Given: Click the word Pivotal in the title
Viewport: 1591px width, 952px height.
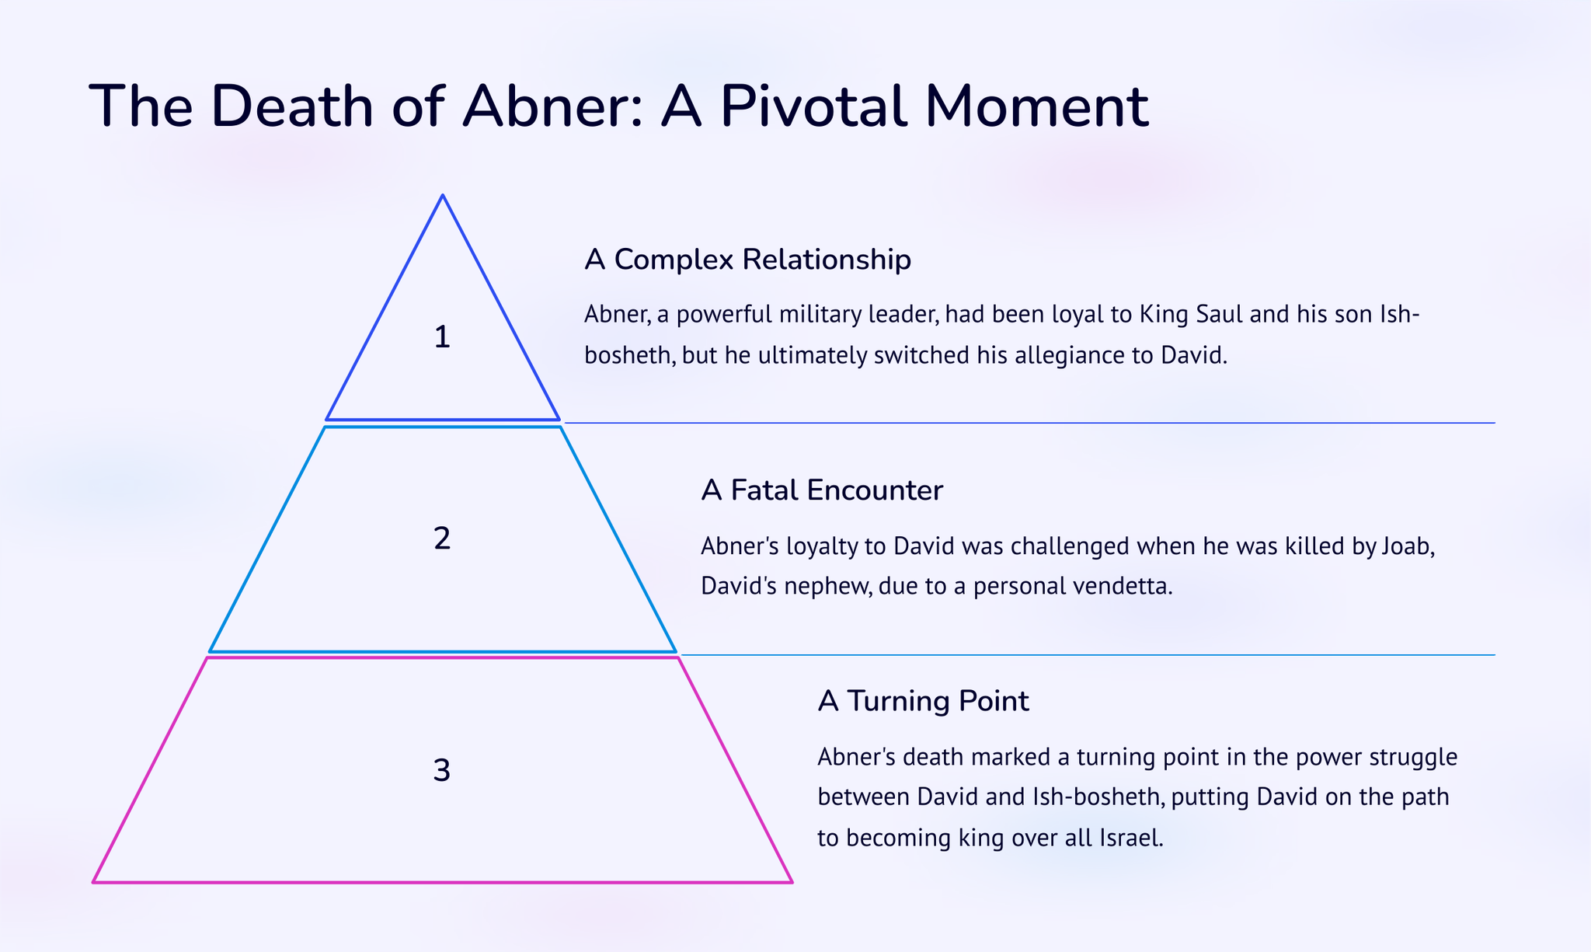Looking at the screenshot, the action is [x=813, y=106].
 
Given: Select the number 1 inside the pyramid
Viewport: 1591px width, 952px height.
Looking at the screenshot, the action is [x=442, y=337].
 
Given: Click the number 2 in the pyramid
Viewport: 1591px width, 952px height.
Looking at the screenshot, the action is [x=442, y=538].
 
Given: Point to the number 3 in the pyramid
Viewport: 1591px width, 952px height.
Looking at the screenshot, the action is [x=441, y=770].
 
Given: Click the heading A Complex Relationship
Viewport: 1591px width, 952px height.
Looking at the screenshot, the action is [x=747, y=260].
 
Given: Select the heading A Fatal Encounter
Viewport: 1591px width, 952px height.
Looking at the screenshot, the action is [x=822, y=490].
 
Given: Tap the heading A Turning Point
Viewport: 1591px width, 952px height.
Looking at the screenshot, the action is [x=923, y=701].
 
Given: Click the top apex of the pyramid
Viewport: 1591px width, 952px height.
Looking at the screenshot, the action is [x=443, y=195].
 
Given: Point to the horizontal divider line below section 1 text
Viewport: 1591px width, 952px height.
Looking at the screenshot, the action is [x=1030, y=423].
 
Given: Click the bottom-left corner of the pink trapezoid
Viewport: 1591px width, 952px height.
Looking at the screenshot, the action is [x=93, y=882].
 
